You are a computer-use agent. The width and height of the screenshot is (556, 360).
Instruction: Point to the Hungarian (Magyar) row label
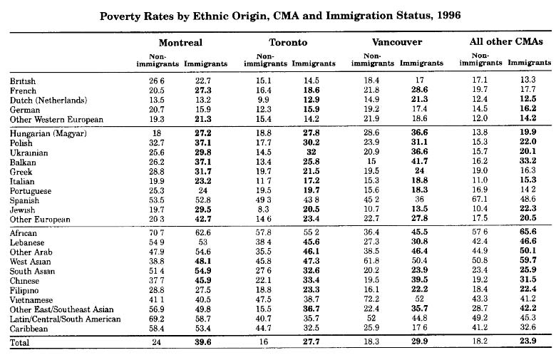(48, 134)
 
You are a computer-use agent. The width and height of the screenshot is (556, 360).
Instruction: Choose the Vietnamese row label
(34, 294)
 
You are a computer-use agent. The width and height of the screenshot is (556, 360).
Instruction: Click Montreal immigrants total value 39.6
(206, 342)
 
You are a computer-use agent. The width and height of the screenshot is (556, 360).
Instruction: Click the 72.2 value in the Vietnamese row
(372, 294)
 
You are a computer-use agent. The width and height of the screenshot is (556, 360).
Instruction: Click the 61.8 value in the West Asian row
(372, 263)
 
